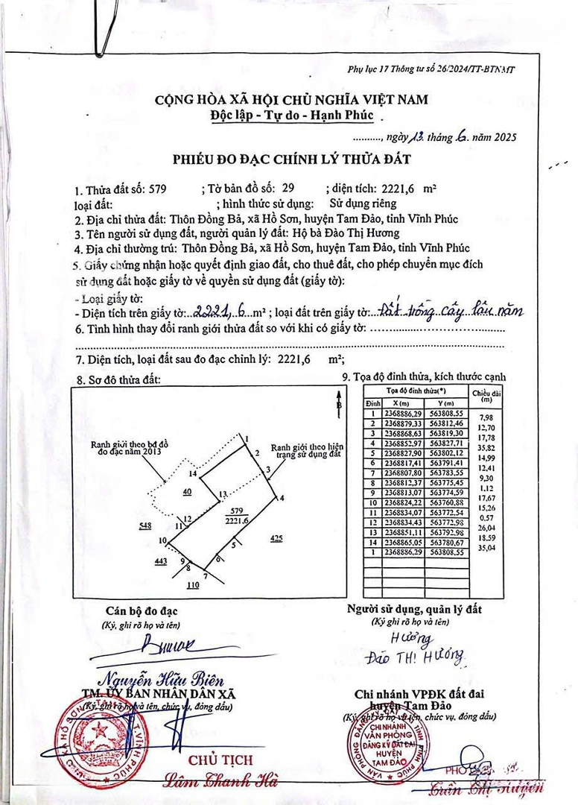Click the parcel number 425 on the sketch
click(x=276, y=537)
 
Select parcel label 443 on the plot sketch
click(x=160, y=561)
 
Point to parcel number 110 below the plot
click(x=193, y=586)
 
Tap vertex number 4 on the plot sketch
click(x=282, y=498)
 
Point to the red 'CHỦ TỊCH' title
click(x=220, y=760)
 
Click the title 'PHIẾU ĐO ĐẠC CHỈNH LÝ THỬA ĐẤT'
click(x=291, y=160)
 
